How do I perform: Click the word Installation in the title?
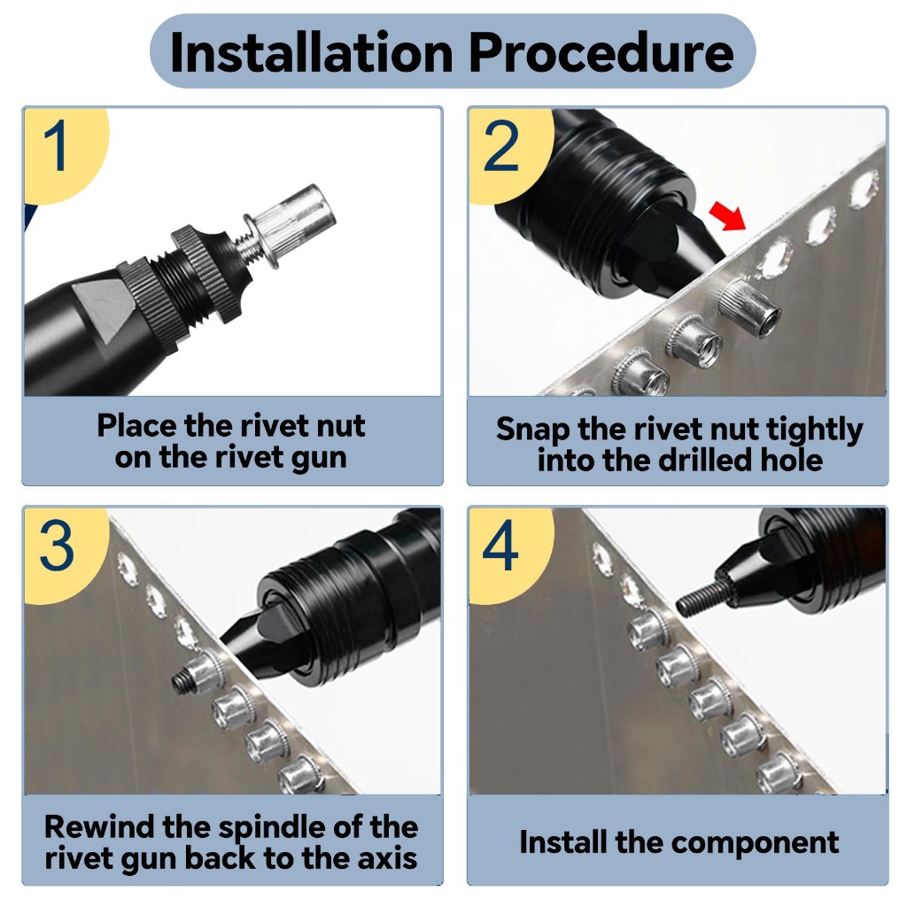(x=312, y=52)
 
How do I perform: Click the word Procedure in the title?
(x=601, y=52)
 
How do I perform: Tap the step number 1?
(x=57, y=146)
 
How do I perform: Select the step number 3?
(x=57, y=547)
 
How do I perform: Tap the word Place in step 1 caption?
(x=137, y=426)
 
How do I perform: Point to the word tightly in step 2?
(x=815, y=430)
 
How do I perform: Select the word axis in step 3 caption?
(x=387, y=857)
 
